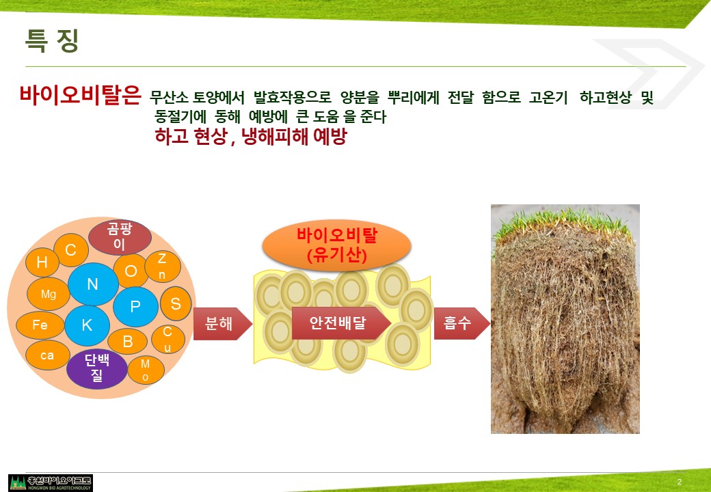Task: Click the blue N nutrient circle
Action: tap(93, 284)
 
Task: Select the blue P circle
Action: tap(135, 307)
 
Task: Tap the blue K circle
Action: tap(87, 325)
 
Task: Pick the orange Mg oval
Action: tap(49, 294)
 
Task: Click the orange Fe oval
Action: tap(40, 325)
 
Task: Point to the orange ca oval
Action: tap(48, 355)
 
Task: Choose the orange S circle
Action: tap(176, 303)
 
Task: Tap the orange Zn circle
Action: tap(162, 266)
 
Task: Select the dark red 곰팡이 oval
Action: tap(120, 237)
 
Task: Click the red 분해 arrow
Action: tap(223, 323)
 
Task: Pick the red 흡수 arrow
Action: tap(461, 323)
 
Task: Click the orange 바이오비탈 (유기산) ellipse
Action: tap(336, 245)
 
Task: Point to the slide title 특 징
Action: tap(52, 41)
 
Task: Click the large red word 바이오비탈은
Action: tap(80, 95)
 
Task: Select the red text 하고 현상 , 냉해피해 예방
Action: tap(251, 136)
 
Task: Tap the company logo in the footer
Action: tap(51, 483)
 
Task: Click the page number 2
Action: tap(680, 482)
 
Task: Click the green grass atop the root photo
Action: tap(563, 224)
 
